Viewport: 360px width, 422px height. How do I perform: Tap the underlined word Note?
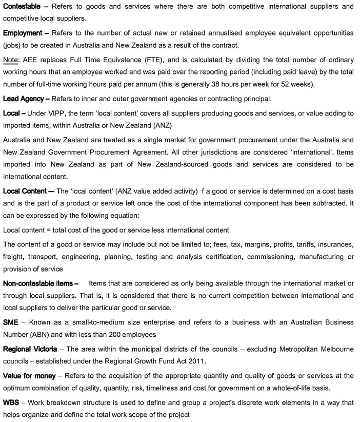pyautogui.click(x=10, y=60)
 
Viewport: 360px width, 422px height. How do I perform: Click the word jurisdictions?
pyautogui.click(x=291, y=152)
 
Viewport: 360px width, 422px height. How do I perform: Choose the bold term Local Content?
pyautogui.click(x=26, y=191)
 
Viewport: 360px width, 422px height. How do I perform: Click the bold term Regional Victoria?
pyautogui.click(x=30, y=349)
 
